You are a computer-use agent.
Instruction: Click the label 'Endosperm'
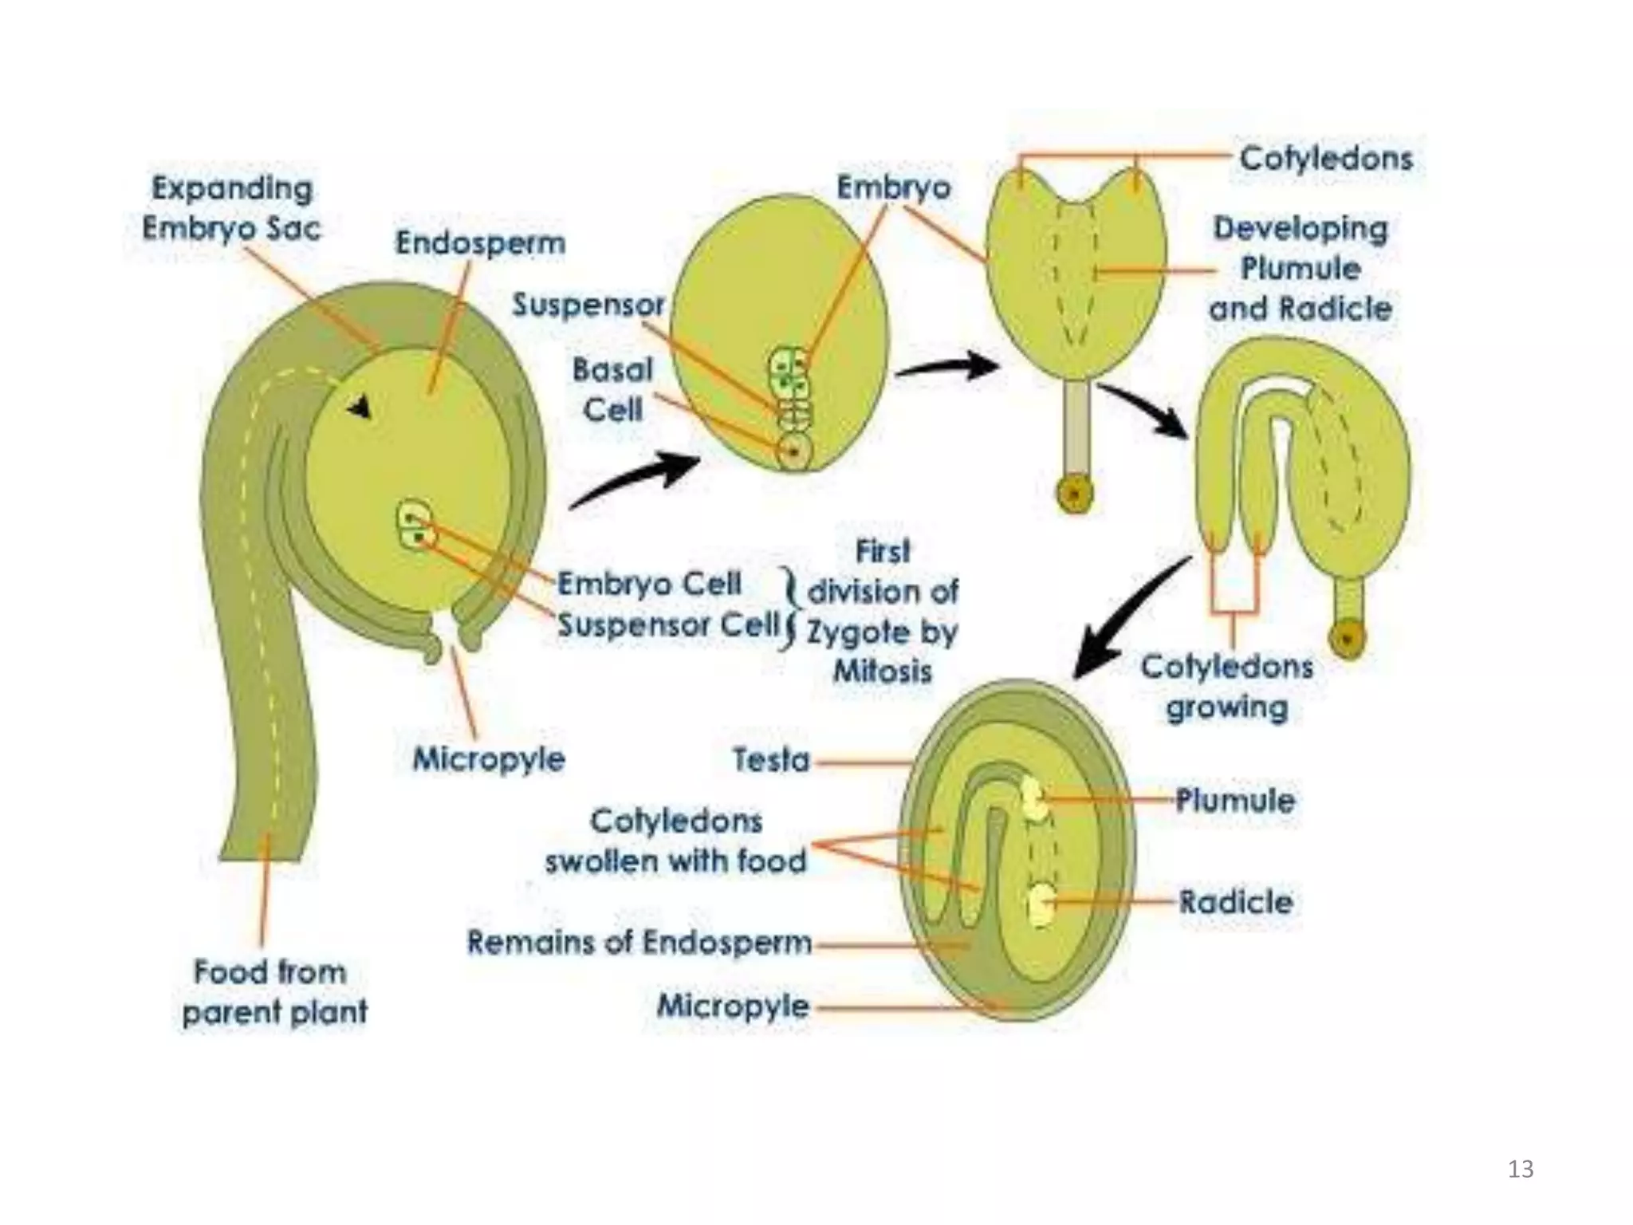[x=480, y=243]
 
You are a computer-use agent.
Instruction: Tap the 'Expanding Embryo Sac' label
[x=231, y=209]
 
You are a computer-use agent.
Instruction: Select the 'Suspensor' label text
[x=588, y=305]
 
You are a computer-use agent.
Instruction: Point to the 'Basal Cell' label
[x=612, y=390]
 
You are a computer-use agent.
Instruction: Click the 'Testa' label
[x=771, y=760]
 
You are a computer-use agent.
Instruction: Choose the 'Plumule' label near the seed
[x=1235, y=800]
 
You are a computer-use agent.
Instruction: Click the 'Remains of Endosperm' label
[x=639, y=943]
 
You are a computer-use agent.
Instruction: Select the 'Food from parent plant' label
[x=273, y=992]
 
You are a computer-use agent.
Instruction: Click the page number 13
[x=1521, y=1169]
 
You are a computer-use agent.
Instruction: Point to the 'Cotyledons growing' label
[x=1226, y=687]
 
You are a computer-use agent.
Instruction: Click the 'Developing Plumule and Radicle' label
[x=1300, y=269]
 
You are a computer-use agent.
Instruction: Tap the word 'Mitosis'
[x=883, y=672]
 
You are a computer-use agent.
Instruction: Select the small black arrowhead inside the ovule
[x=360, y=408]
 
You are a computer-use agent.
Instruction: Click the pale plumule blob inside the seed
[x=1034, y=798]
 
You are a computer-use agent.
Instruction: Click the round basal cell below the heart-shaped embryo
[x=1075, y=494]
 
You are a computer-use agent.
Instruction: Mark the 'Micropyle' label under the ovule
[x=488, y=759]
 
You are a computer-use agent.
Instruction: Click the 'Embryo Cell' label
[x=649, y=585]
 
